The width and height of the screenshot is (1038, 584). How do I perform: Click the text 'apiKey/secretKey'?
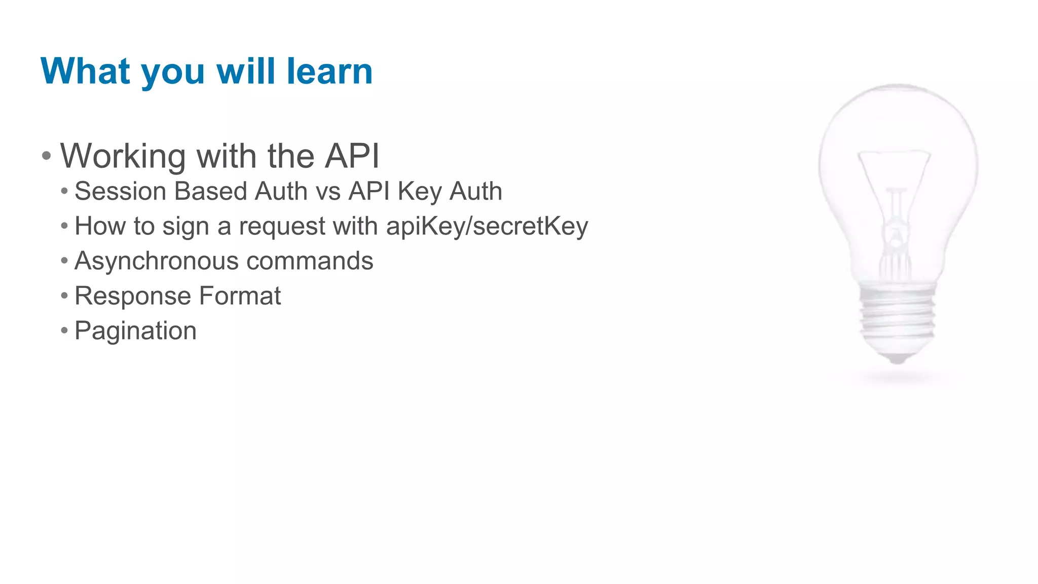(487, 226)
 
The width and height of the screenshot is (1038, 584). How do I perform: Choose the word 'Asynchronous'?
(157, 262)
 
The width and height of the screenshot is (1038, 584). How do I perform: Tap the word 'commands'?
(310, 261)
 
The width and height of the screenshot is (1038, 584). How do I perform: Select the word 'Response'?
(133, 296)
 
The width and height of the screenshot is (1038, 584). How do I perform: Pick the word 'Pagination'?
(135, 331)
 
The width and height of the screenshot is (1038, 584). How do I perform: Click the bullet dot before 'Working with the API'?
(47, 156)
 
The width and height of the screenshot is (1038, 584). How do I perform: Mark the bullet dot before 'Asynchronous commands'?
(64, 261)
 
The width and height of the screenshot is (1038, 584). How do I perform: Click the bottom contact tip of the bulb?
(898, 359)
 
